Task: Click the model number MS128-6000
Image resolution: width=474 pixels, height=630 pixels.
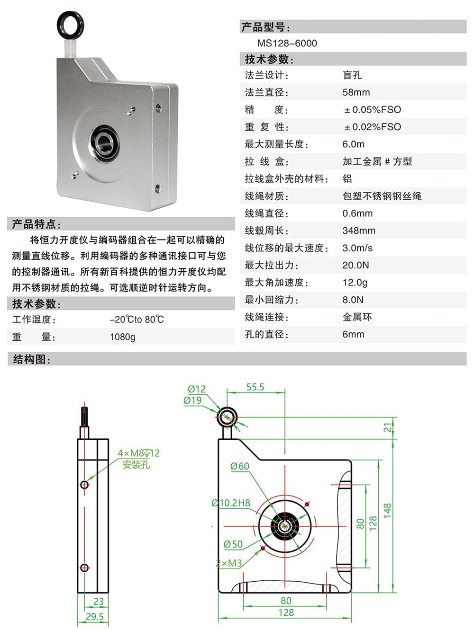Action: click(287, 43)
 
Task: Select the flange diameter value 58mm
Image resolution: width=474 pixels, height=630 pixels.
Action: click(356, 92)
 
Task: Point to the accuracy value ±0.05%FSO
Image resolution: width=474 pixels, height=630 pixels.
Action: click(373, 110)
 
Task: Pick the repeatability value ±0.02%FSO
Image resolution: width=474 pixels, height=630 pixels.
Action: click(373, 127)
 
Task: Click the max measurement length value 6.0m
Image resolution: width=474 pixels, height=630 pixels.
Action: click(353, 144)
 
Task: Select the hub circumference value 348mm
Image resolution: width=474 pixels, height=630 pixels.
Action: click(358, 231)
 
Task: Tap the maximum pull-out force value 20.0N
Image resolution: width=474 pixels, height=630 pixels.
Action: click(355, 265)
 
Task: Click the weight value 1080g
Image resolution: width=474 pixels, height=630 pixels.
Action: click(122, 337)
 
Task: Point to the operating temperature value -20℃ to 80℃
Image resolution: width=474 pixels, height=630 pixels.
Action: click(137, 319)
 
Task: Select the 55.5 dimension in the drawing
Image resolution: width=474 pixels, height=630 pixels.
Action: click(255, 387)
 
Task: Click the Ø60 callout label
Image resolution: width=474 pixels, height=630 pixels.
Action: click(239, 466)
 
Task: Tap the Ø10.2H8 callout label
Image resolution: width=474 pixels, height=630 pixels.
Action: click(231, 503)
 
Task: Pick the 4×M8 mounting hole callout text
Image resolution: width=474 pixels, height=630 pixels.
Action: click(138, 453)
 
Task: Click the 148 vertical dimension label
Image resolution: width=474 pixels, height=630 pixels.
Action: click(388, 510)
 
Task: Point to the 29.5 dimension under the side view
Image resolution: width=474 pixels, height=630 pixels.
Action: click(95, 616)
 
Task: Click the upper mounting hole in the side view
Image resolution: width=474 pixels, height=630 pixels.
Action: click(84, 484)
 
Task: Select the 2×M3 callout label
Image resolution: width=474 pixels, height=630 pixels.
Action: click(229, 563)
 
